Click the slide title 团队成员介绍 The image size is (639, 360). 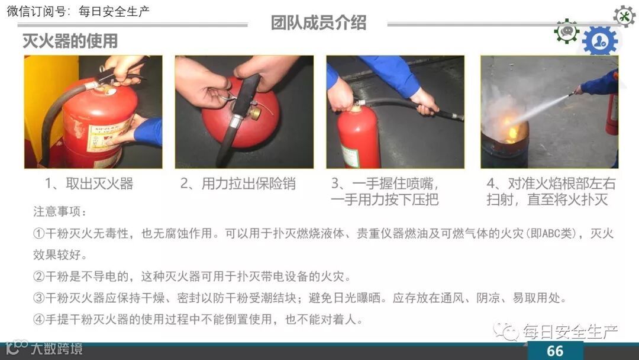(x=318, y=23)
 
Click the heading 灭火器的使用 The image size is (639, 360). (x=70, y=41)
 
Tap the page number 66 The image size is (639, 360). (x=554, y=351)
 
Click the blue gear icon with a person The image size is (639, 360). (x=600, y=40)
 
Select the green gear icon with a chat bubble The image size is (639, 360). (x=566, y=31)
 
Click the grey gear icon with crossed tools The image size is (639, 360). (x=624, y=17)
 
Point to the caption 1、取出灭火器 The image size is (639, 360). (x=89, y=184)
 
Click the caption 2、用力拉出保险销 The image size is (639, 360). (x=238, y=184)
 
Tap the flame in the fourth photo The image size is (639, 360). (x=509, y=128)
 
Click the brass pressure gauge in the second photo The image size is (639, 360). (x=255, y=112)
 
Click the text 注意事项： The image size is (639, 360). (x=60, y=211)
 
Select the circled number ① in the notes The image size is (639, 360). (x=38, y=233)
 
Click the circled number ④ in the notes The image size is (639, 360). (x=38, y=319)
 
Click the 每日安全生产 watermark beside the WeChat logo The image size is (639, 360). (x=570, y=332)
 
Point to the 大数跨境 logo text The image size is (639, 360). (x=56, y=349)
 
